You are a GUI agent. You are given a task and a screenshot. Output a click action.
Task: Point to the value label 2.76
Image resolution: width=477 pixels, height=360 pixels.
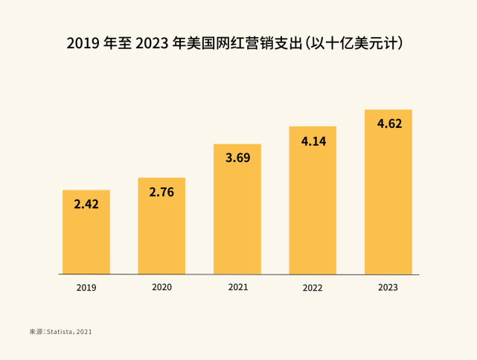coord(161,192)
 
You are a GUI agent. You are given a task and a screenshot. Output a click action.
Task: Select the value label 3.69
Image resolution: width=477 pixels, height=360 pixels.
coord(237,158)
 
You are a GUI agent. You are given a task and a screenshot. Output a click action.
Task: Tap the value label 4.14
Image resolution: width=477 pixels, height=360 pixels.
coord(313,140)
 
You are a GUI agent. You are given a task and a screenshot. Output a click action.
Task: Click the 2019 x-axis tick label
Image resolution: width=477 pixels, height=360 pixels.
coord(86,287)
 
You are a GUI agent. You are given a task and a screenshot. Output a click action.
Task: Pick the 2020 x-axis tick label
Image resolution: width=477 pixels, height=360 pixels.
coord(161,286)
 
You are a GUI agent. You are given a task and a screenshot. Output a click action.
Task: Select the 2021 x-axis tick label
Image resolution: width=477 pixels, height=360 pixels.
coord(237,286)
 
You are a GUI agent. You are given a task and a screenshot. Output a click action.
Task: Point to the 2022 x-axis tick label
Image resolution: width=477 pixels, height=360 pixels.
coord(313,287)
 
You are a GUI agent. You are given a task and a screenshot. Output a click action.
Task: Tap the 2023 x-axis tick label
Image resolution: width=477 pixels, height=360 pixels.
coord(388,287)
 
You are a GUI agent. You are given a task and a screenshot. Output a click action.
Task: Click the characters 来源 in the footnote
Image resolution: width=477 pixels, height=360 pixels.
coord(35,331)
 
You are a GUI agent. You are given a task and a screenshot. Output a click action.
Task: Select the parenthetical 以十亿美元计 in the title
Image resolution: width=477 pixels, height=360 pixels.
coord(363,42)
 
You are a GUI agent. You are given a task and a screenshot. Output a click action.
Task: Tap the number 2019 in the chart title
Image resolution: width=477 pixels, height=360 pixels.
coord(83,42)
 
